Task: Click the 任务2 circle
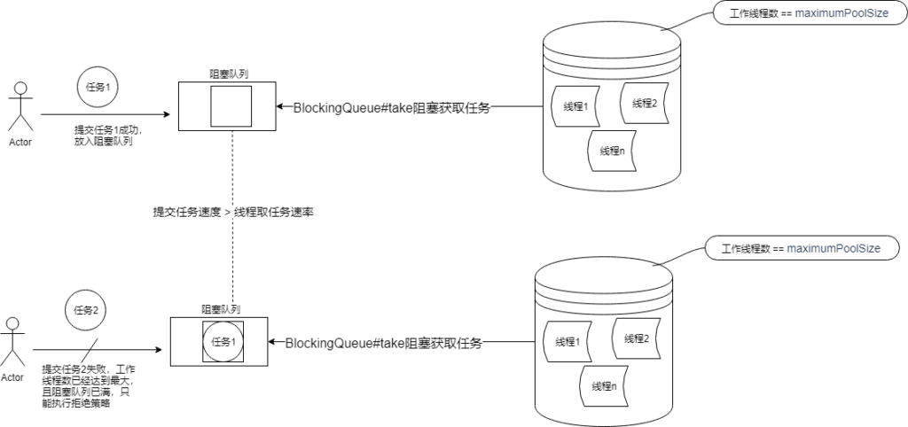pyautogui.click(x=85, y=310)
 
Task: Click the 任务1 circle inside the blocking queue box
pyautogui.click(x=223, y=341)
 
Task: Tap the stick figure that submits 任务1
pyautogui.click(x=20, y=106)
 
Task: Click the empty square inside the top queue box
pyautogui.click(x=231, y=106)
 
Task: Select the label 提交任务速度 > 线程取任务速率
pyautogui.click(x=234, y=213)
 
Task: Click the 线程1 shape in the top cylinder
pyautogui.click(x=576, y=106)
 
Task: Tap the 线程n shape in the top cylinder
pyautogui.click(x=611, y=151)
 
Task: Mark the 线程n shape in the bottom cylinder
pyautogui.click(x=602, y=386)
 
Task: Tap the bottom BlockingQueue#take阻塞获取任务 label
pyautogui.click(x=384, y=344)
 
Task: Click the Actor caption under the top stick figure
pyautogui.click(x=20, y=142)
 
